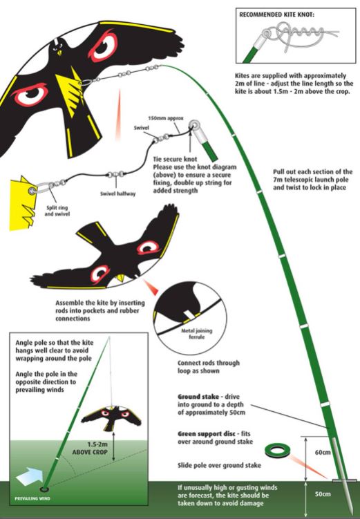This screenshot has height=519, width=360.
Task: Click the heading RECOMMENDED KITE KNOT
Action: pos(284,14)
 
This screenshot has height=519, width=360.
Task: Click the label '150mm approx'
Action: pos(166,118)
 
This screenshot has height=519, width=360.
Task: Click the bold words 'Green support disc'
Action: pos(200,432)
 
